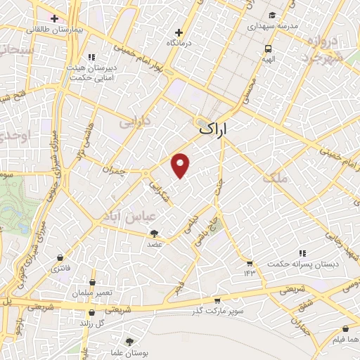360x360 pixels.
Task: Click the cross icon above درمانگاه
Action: click(179, 32)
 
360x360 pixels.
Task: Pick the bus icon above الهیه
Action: click(268, 49)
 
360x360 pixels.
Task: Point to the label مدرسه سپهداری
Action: click(274, 25)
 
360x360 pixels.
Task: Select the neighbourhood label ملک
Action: click(276, 177)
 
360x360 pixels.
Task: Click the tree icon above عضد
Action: click(155, 233)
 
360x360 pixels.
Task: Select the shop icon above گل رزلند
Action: click(92, 313)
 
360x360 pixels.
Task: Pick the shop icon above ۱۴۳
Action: click(249, 262)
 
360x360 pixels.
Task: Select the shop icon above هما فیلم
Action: click(345, 328)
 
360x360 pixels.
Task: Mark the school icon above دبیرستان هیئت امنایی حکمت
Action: click(91, 58)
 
